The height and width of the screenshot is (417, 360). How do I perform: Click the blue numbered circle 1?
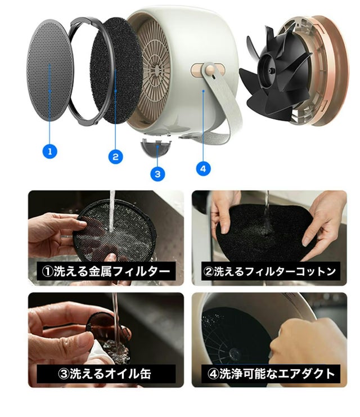[x=49, y=151]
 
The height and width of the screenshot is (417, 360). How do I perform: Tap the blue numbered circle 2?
[x=116, y=156]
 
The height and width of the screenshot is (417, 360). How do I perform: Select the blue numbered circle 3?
[x=157, y=174]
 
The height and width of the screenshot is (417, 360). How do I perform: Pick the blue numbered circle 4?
[x=203, y=168]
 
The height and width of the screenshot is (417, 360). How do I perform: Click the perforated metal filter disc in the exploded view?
[x=49, y=70]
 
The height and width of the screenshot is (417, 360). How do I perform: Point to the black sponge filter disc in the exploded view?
[x=117, y=70]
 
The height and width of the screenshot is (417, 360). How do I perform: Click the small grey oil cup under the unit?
[x=156, y=147]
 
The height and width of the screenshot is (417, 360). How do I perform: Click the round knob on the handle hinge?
[x=210, y=70]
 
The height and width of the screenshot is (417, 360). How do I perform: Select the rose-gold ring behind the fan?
[x=332, y=70]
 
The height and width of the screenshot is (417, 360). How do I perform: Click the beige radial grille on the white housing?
[x=155, y=69]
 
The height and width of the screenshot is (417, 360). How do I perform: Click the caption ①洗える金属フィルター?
[x=106, y=271]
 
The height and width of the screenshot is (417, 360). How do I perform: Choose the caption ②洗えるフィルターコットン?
[x=269, y=271]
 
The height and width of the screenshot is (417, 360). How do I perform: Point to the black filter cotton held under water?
[x=266, y=231]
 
